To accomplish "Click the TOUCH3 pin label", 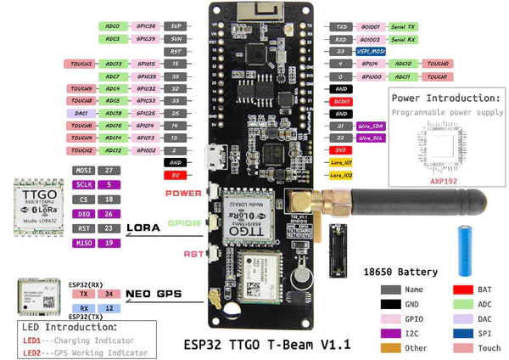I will coord(82,64).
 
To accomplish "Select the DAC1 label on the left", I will coord(82,113).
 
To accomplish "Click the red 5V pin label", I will coord(175,176).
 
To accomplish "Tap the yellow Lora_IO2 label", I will coord(341,175).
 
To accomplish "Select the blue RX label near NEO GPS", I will coord(84,308).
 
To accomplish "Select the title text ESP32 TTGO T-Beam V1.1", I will coord(266,345).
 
